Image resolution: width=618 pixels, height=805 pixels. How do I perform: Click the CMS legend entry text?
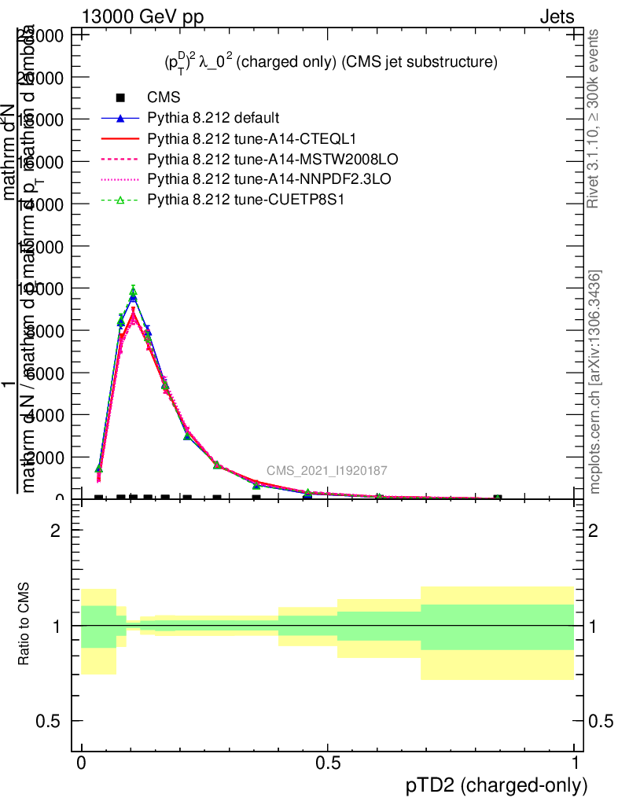pos(164,97)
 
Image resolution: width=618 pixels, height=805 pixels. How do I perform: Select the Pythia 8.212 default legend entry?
pos(212,119)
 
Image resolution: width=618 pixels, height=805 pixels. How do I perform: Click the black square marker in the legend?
pos(120,97)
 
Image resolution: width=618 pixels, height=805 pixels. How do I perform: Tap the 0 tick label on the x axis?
pos(82,763)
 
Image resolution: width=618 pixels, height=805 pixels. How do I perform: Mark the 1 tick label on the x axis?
pos(574,763)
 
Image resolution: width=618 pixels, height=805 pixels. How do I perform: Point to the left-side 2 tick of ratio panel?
pos(55,531)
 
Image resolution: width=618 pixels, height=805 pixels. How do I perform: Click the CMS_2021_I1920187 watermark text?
pos(326,471)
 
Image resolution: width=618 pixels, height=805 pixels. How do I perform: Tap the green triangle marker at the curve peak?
pos(133,292)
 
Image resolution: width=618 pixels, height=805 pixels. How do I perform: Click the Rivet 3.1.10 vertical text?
pos(594,118)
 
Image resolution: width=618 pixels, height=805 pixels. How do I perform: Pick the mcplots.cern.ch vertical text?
pos(595,381)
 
